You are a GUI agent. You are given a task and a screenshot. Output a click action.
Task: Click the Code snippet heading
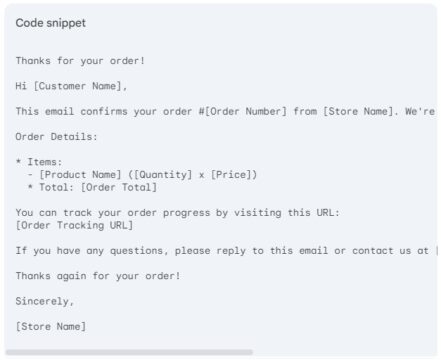click(x=49, y=23)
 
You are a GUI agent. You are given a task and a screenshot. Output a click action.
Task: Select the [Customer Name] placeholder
click(x=80, y=85)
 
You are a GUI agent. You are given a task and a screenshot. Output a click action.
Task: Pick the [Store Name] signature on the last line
click(x=51, y=326)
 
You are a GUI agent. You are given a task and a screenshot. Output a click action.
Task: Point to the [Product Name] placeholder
click(x=79, y=174)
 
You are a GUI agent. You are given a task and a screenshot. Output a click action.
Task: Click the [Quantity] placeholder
click(x=159, y=174)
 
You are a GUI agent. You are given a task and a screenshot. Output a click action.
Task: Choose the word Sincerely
click(x=45, y=300)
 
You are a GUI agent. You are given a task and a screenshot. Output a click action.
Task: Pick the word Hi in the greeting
click(x=22, y=85)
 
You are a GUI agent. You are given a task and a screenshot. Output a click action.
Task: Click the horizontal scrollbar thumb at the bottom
click(x=129, y=352)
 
